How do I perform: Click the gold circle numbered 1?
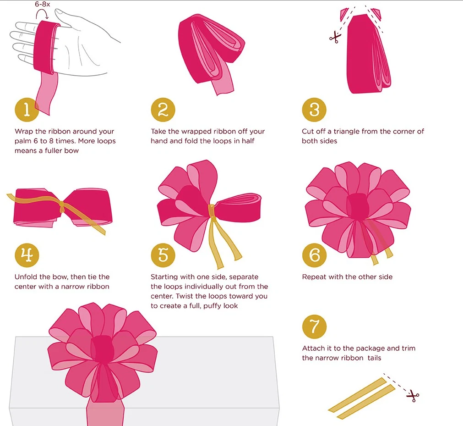tap(27, 110)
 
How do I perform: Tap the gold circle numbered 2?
tap(163, 110)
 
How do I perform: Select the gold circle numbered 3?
tap(314, 110)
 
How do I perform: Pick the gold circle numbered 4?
tap(27, 255)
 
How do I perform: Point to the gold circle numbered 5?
tap(163, 255)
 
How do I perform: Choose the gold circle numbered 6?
tap(314, 255)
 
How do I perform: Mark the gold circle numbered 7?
tap(314, 326)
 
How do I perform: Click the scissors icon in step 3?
tap(335, 38)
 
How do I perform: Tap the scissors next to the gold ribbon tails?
tap(413, 396)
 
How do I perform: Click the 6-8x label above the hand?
tap(43, 4)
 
